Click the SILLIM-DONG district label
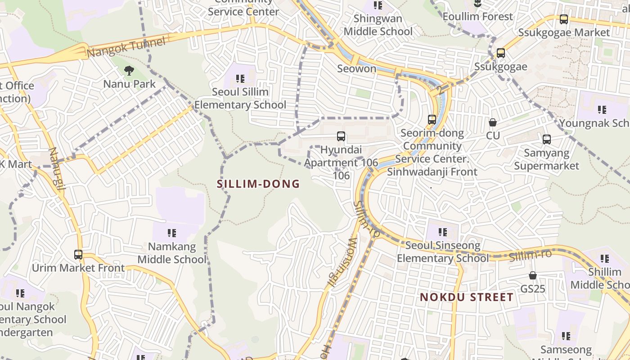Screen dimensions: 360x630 click(x=258, y=184)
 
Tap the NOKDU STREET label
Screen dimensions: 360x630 click(x=467, y=297)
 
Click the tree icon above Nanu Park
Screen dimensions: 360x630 click(x=129, y=71)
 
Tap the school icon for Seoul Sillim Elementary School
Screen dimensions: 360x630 click(x=240, y=79)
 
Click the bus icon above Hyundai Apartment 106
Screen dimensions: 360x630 click(x=341, y=136)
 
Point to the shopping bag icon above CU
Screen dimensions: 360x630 click(x=493, y=122)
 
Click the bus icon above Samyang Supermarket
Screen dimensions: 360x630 click(x=547, y=139)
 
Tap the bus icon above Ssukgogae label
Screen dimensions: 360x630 click(x=501, y=53)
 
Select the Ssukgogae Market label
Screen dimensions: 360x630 click(x=564, y=32)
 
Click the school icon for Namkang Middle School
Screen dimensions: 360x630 click(x=172, y=233)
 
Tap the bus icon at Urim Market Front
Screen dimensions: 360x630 click(x=78, y=255)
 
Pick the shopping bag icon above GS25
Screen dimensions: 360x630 click(x=533, y=275)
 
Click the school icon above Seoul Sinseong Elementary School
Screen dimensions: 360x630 click(x=443, y=232)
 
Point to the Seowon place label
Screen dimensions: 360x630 click(x=356, y=68)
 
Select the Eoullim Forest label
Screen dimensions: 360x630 click(x=478, y=17)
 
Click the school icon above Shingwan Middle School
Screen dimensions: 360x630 click(x=378, y=5)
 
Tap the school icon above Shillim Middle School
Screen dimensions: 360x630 click(x=605, y=259)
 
